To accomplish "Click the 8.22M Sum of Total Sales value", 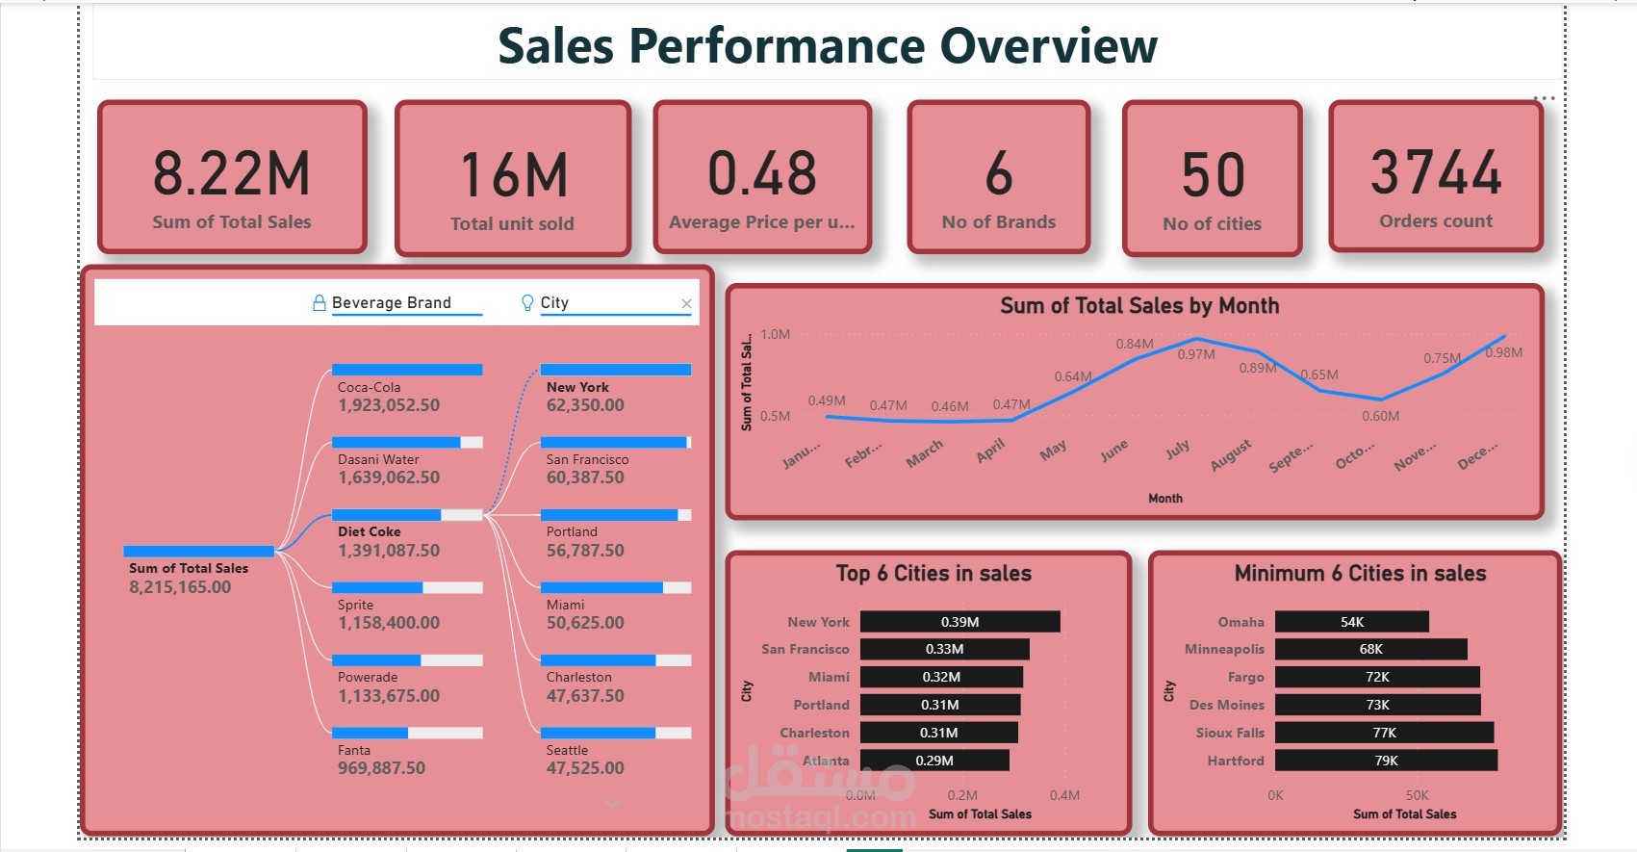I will pyautogui.click(x=232, y=173).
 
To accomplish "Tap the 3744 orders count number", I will pyautogui.click(x=1436, y=173).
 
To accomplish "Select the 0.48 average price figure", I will pyautogui.click(x=762, y=173).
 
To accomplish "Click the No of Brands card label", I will pyautogui.click(x=998, y=222).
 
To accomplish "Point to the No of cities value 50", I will pyautogui.click(x=1213, y=175).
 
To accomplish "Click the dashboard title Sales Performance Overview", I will pyautogui.click(x=828, y=46).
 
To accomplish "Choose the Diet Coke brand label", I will pyautogui.click(x=369, y=531).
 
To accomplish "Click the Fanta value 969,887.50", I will pyautogui.click(x=381, y=768).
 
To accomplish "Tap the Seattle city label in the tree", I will pyautogui.click(x=567, y=750).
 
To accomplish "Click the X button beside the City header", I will pyautogui.click(x=686, y=303).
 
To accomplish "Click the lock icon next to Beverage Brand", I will pyautogui.click(x=320, y=303).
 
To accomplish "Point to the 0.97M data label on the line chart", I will pyautogui.click(x=1196, y=354).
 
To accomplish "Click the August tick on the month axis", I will pyautogui.click(x=1231, y=454).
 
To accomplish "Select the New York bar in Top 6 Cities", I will pyautogui.click(x=959, y=622).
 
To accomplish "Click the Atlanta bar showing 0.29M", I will pyautogui.click(x=934, y=761).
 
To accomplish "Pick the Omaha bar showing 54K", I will pyautogui.click(x=1351, y=622).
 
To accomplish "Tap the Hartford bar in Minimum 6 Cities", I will pyautogui.click(x=1386, y=761).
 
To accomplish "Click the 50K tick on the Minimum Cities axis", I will pyautogui.click(x=1417, y=795).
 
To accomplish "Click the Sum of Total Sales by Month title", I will pyautogui.click(x=1139, y=306).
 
